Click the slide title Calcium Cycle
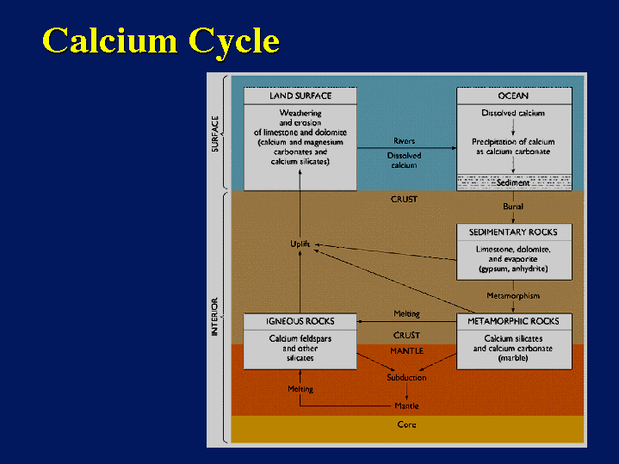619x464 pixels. coord(161,41)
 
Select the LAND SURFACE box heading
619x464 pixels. coord(300,96)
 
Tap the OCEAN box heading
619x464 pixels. coord(513,96)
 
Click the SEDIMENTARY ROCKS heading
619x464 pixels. coord(513,232)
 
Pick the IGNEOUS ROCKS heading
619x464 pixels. coord(300,321)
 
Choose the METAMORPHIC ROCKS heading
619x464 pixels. coord(513,321)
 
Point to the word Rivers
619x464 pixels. coord(404,141)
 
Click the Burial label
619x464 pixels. coord(513,207)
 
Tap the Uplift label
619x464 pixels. coord(300,244)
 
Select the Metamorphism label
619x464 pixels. coord(513,296)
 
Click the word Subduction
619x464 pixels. coord(406,377)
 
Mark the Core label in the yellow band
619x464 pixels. coord(406,424)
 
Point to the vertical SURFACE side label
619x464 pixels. coord(216,133)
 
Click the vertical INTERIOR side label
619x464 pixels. coord(216,316)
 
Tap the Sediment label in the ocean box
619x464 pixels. coord(513,183)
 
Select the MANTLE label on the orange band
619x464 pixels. coord(406,351)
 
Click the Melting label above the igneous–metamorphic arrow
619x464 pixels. coord(406,313)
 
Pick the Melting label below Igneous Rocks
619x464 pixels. coord(300,389)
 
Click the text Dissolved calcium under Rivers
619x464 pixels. coord(404,160)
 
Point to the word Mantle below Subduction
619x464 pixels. coord(406,405)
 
